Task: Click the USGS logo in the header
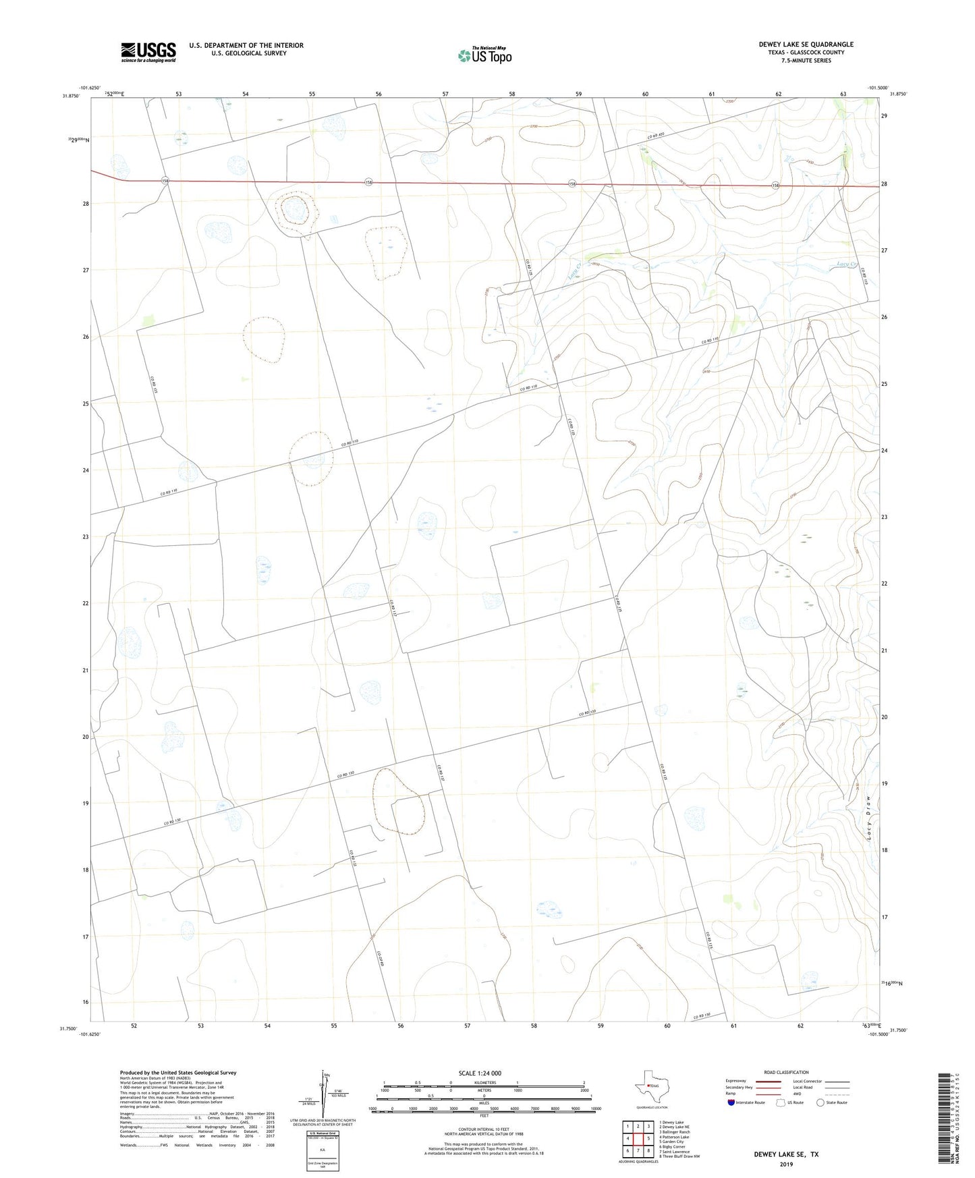(148, 52)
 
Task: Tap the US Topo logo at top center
(484, 55)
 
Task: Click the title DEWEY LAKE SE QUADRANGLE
(806, 45)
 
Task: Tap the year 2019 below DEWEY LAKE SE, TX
(786, 1164)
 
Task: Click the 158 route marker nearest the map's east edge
(776, 186)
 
